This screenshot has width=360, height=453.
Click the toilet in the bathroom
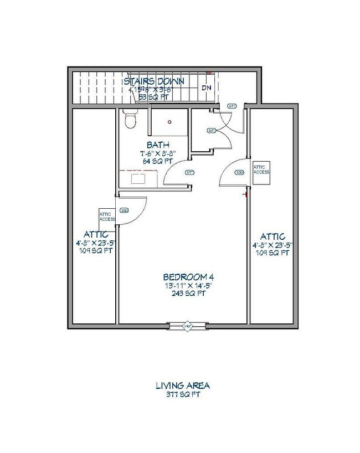(x=130, y=118)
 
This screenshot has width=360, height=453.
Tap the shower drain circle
(x=170, y=121)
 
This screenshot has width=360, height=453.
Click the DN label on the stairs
(x=206, y=87)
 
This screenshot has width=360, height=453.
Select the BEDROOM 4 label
(x=185, y=277)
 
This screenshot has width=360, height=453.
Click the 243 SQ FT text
(x=185, y=294)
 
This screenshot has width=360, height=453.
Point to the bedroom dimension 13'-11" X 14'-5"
(x=185, y=286)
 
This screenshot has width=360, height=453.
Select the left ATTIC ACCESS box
(x=107, y=216)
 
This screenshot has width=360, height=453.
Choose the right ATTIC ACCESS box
(x=261, y=169)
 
